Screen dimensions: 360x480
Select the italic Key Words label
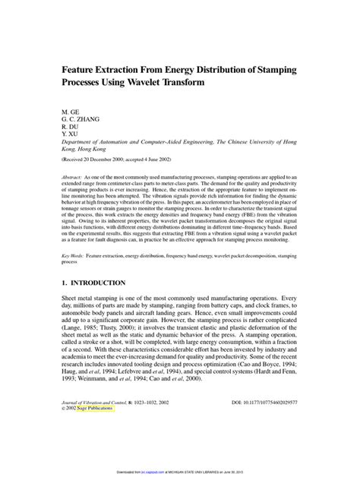pos(75,258)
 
